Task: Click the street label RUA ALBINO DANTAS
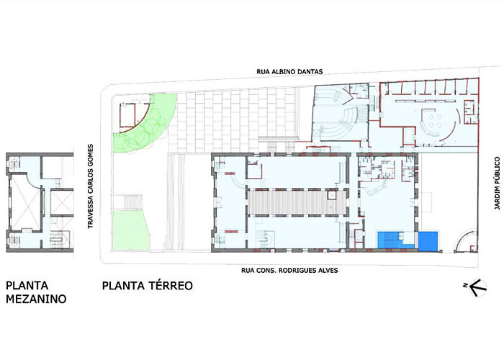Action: (289, 72)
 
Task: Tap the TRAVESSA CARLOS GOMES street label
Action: (90, 186)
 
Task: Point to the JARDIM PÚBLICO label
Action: (498, 183)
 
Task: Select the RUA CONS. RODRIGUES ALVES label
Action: (289, 270)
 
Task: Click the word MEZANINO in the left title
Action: (36, 299)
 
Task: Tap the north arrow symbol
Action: (477, 287)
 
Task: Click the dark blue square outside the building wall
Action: (428, 240)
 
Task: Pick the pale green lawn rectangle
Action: (131, 230)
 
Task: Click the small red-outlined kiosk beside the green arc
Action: (127, 115)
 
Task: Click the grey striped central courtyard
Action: (297, 202)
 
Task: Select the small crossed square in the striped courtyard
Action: (331, 195)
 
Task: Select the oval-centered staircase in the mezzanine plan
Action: (58, 239)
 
